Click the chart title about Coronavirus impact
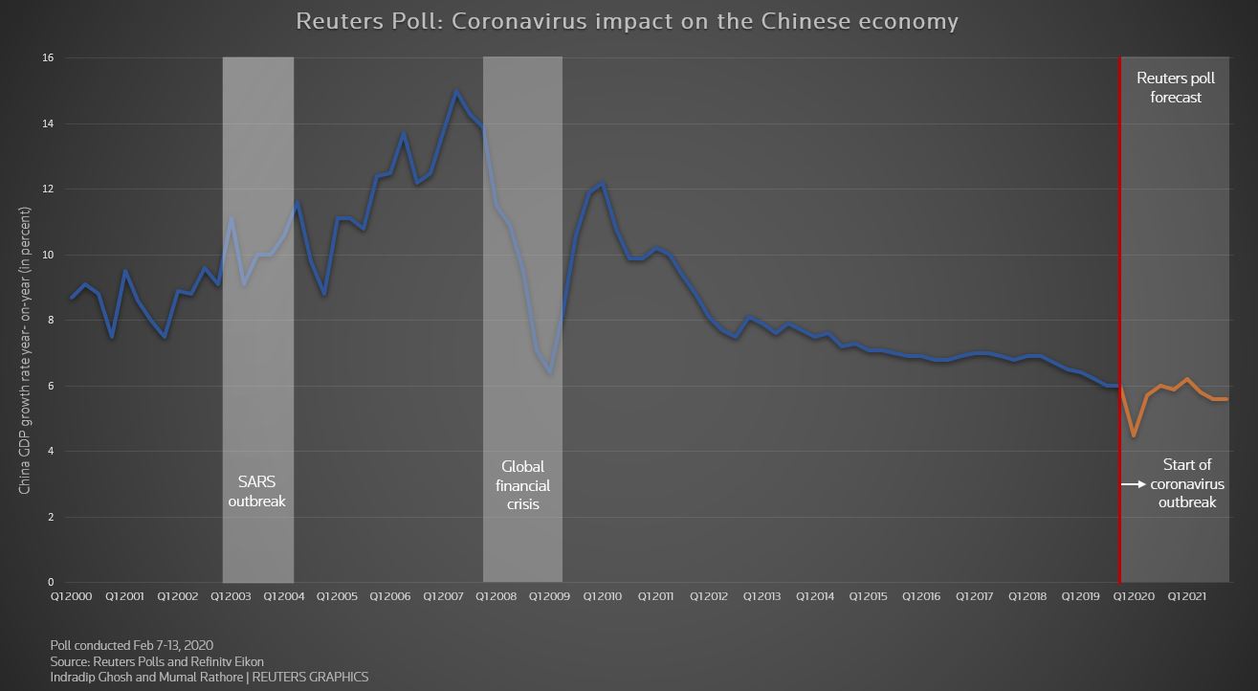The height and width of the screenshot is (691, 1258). (627, 21)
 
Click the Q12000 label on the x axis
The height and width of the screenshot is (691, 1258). (71, 596)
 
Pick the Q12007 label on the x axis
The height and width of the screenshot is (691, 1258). (442, 596)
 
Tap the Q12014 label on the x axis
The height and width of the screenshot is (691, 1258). (814, 596)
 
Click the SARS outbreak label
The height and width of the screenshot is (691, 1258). (256, 491)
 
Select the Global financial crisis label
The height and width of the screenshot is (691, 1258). (522, 484)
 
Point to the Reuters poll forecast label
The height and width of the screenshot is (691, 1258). (1175, 87)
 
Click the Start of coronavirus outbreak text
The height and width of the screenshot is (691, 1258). (1187, 483)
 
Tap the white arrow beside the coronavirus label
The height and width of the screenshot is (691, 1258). (1133, 485)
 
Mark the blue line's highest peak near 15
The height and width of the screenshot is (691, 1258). (455, 91)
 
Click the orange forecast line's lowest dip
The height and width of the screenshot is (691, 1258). (1134, 435)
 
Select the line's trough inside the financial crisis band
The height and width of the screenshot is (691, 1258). (550, 373)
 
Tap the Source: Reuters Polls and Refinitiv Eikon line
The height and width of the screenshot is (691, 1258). (157, 661)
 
